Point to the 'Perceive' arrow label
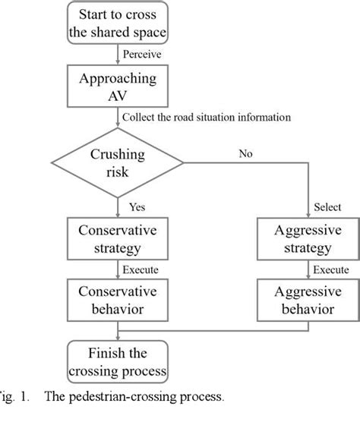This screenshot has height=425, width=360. coord(141,55)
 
